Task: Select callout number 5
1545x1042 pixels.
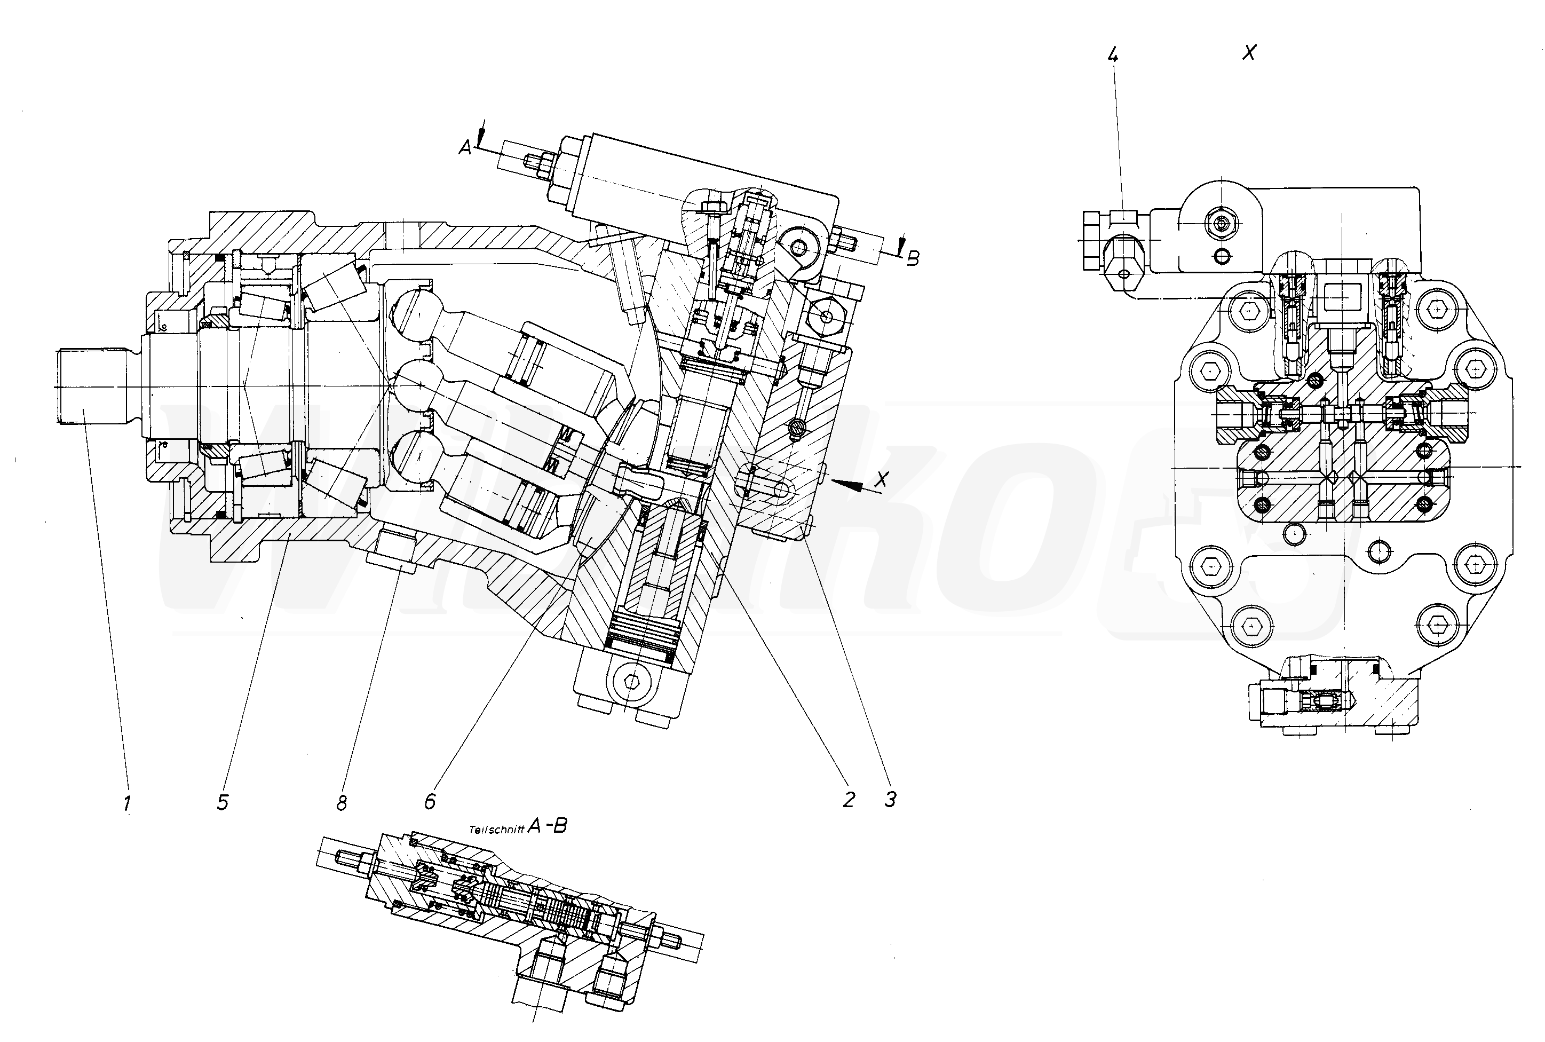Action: (223, 802)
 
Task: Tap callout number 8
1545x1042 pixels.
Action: (342, 803)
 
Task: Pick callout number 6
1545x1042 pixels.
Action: (430, 801)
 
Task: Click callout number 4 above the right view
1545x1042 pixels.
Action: (1113, 55)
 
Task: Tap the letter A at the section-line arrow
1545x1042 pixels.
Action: (465, 147)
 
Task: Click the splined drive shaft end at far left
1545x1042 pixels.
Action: (90, 387)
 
